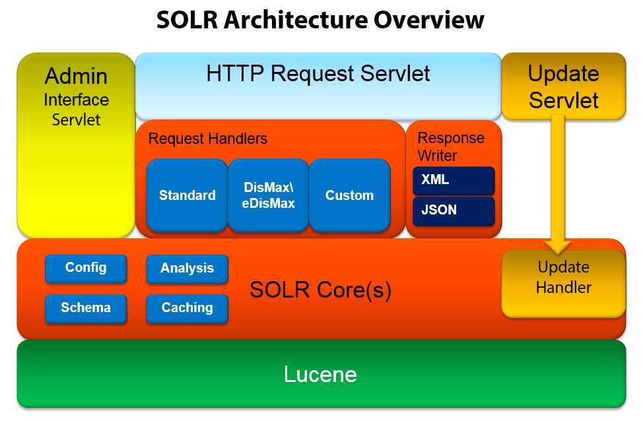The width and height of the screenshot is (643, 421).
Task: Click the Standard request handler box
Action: (187, 195)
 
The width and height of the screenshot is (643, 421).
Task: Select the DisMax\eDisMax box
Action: (268, 195)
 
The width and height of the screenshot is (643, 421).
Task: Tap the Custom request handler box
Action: (349, 195)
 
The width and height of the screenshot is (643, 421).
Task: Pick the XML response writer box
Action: (454, 180)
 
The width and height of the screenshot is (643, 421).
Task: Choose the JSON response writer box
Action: (454, 211)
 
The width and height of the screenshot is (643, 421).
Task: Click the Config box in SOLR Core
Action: (86, 268)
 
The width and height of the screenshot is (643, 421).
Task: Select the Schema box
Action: (86, 308)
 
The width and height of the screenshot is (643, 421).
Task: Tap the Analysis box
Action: (187, 269)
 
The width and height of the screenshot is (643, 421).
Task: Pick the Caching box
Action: (187, 308)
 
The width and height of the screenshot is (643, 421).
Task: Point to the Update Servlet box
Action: (563, 86)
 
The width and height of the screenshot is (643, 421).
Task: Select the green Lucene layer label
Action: (320, 375)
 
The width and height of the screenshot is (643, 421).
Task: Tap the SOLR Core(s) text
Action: (320, 290)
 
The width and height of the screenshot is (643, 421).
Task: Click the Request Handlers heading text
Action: (208, 139)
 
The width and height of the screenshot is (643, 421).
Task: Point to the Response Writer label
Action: (451, 146)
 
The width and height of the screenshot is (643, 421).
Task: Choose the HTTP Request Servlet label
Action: (318, 73)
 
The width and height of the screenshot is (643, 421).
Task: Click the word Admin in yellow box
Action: (76, 77)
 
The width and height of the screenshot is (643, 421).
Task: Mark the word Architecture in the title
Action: (299, 20)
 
